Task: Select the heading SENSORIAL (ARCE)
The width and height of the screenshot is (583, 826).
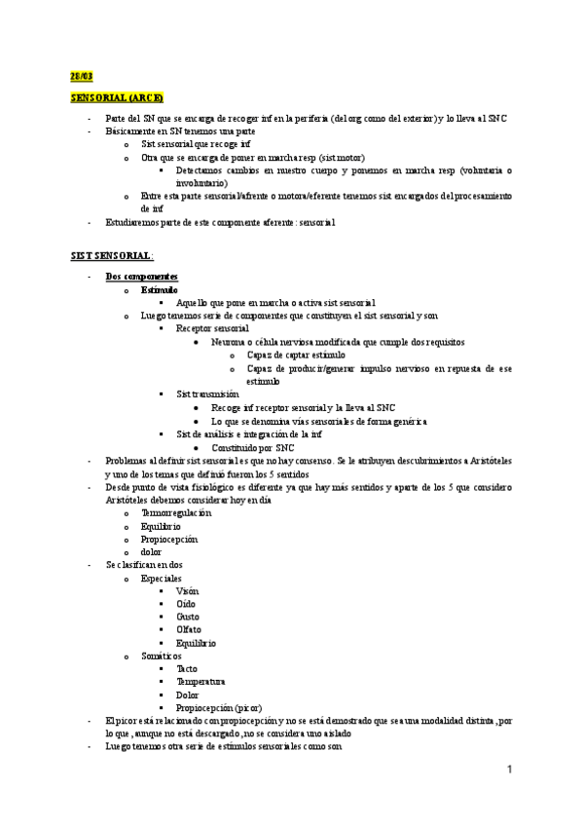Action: tap(117, 98)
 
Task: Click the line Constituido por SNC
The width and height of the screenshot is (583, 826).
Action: tap(256, 447)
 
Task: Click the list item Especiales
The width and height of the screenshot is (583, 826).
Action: tap(161, 578)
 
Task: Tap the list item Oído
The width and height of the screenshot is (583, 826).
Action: tap(186, 604)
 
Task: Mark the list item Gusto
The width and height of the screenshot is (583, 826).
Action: tap(188, 617)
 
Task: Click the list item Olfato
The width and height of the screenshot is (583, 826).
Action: tap(189, 630)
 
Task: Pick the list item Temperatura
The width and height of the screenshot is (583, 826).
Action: tap(200, 682)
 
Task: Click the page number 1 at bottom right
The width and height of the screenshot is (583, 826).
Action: tap(509, 770)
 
